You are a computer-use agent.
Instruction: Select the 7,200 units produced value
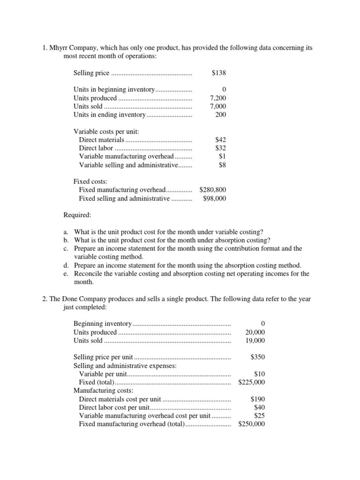click(x=218, y=98)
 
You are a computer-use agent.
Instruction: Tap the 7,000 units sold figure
click(x=218, y=107)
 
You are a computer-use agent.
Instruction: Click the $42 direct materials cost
click(x=221, y=140)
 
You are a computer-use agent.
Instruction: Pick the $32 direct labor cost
click(x=221, y=148)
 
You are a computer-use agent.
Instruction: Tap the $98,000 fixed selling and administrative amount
click(x=215, y=198)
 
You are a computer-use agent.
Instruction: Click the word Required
click(x=77, y=215)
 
